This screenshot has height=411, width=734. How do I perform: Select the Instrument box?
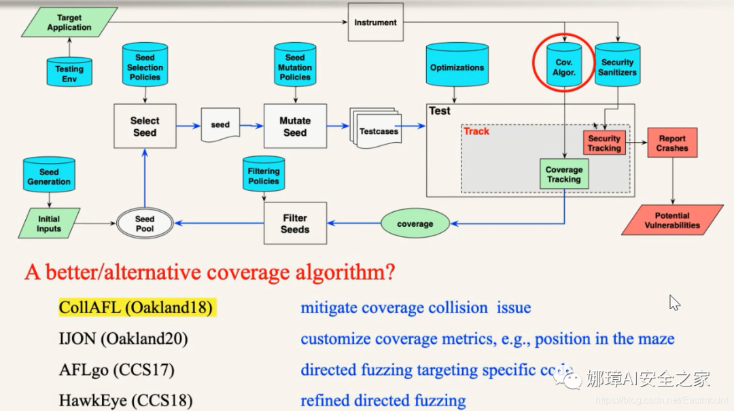(375, 22)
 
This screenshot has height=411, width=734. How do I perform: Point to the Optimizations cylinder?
(457, 68)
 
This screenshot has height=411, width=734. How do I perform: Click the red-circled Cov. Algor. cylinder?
(564, 67)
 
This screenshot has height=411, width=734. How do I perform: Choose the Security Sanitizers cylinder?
(618, 67)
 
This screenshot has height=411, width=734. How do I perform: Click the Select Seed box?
(145, 126)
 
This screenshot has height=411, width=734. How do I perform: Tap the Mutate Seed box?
(295, 126)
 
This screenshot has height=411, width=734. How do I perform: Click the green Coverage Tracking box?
(564, 174)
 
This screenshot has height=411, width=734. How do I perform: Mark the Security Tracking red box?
(604, 143)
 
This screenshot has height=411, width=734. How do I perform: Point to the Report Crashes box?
(671, 143)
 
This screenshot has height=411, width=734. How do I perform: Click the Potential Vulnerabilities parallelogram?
(671, 220)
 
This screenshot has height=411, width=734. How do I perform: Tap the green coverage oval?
(415, 224)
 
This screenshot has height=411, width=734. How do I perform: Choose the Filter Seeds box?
(295, 224)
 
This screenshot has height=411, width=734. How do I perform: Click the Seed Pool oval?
(145, 224)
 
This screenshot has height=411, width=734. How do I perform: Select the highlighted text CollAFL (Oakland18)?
(136, 308)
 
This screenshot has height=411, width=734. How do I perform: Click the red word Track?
(476, 131)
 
